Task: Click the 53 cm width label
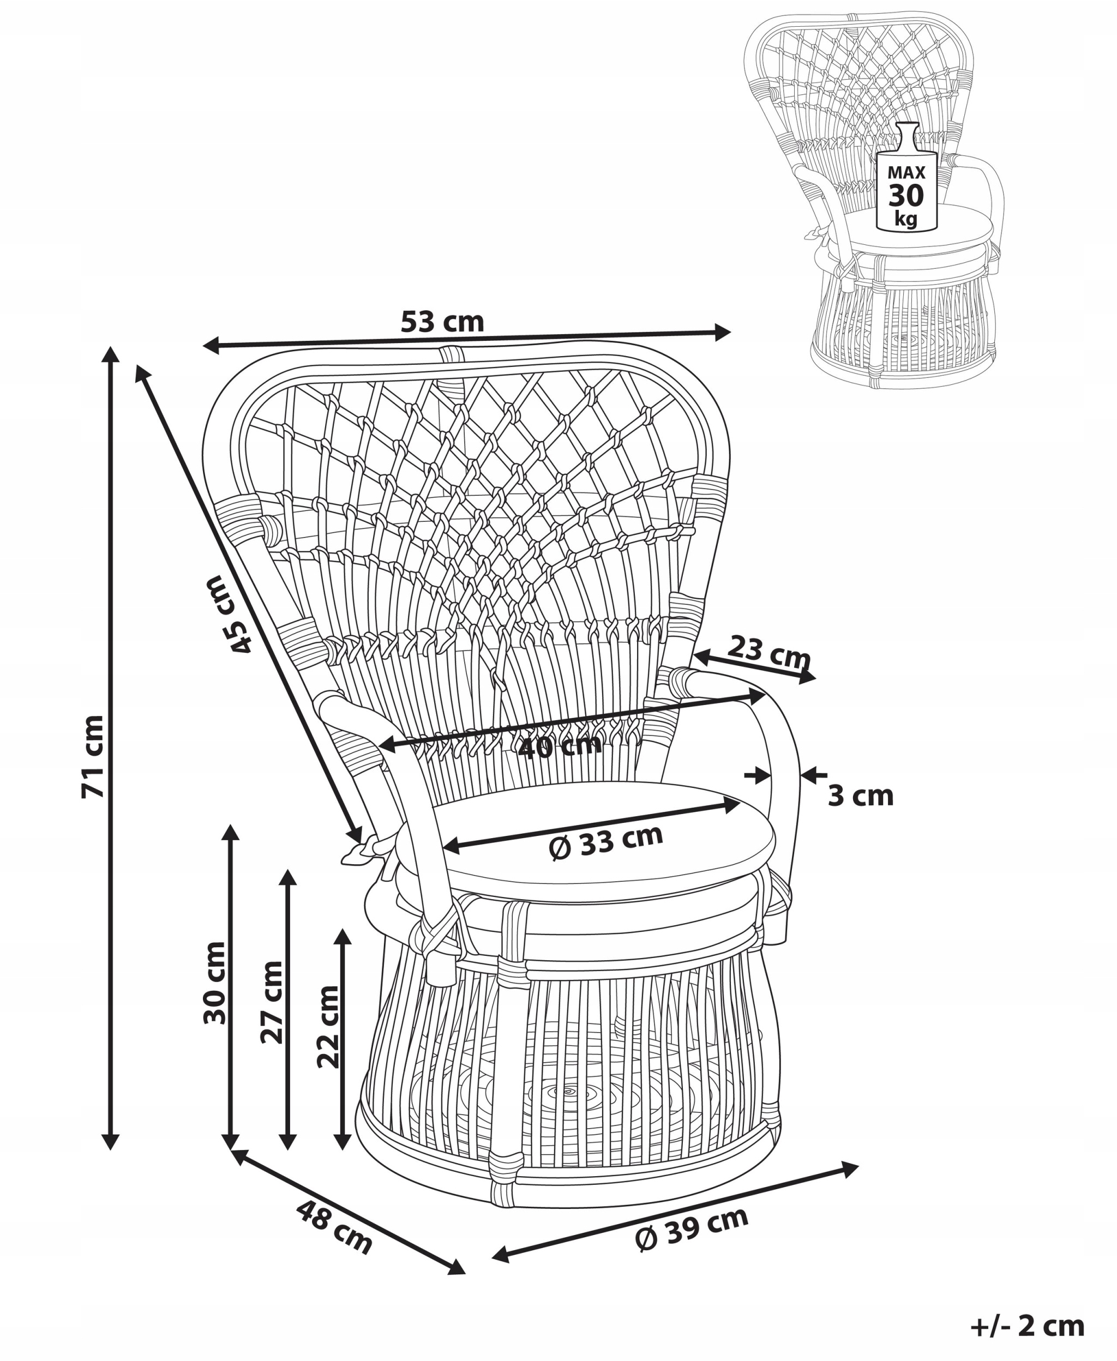pos(442,322)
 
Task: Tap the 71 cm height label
pos(93,756)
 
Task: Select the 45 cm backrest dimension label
pos(230,615)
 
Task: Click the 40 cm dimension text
pos(559,746)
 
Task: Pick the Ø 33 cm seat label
pos(605,841)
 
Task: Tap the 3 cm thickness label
pos(860,796)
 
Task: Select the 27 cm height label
pos(272,1002)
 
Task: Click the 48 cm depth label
pos(334,1228)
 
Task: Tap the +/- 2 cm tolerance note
pos(1027,1326)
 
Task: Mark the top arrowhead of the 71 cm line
pos(111,354)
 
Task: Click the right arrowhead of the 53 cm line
pos(723,333)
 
